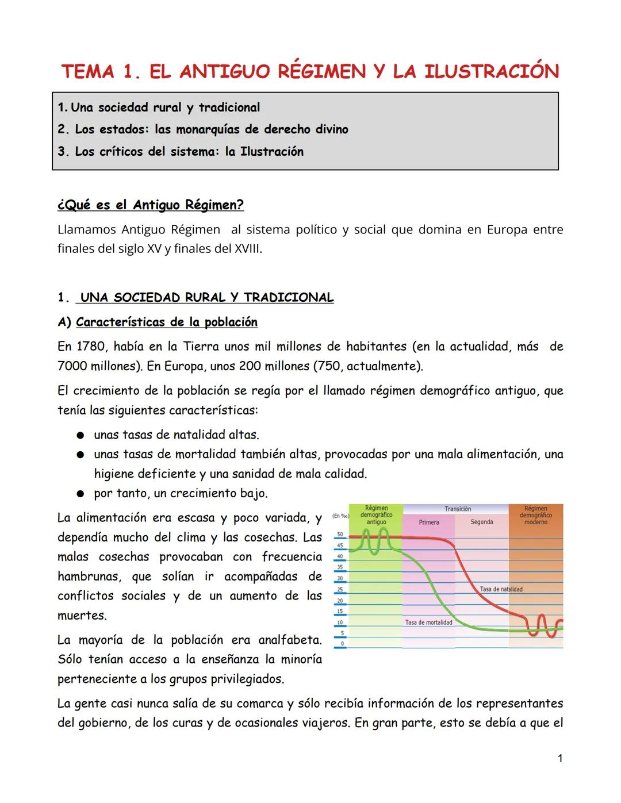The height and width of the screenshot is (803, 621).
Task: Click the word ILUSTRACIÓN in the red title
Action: pyautogui.click(x=492, y=72)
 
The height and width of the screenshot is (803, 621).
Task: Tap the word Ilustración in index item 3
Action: pyautogui.click(x=271, y=152)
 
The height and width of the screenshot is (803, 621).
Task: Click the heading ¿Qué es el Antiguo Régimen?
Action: pyautogui.click(x=151, y=205)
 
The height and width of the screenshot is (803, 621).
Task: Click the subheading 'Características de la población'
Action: pyautogui.click(x=167, y=322)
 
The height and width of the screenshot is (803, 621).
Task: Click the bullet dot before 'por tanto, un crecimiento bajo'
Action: pyautogui.click(x=82, y=494)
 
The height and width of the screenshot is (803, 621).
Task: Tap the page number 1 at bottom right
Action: pyautogui.click(x=560, y=759)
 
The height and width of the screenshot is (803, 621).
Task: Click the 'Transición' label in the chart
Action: pyautogui.click(x=458, y=509)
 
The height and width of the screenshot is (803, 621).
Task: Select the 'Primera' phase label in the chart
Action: pyautogui.click(x=429, y=522)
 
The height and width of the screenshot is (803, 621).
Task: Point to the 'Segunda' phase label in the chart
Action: pyautogui.click(x=482, y=522)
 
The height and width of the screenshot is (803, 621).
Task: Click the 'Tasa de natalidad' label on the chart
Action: pyautogui.click(x=501, y=589)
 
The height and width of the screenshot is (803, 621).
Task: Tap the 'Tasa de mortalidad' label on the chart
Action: pyautogui.click(x=428, y=623)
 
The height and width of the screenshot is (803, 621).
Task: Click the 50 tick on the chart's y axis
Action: pyautogui.click(x=340, y=535)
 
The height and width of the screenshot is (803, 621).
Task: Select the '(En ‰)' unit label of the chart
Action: pyautogui.click(x=341, y=516)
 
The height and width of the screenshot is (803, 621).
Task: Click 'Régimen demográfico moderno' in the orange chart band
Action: pyautogui.click(x=535, y=515)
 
